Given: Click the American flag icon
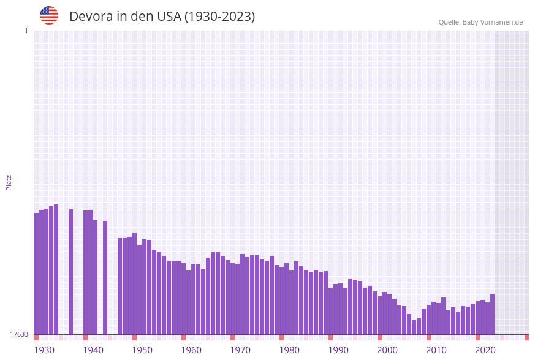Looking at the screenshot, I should click(x=49, y=15).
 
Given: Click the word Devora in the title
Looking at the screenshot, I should click(x=91, y=17).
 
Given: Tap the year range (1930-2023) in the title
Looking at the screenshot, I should click(x=219, y=17).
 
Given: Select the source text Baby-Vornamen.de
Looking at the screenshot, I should click(x=492, y=22).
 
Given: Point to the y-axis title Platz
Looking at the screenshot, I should click(x=9, y=182).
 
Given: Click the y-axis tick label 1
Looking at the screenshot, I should click(x=26, y=31).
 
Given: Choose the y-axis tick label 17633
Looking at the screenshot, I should click(x=18, y=334).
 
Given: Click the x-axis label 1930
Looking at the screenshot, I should click(x=44, y=350).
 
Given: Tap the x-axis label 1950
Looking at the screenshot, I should click(x=142, y=350).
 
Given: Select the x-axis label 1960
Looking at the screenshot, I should click(x=191, y=350).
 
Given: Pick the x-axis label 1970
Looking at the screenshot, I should click(x=240, y=350).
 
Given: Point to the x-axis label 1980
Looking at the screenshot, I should click(x=289, y=350).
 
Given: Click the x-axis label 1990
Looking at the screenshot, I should click(x=338, y=350).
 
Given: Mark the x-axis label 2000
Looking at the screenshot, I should click(x=387, y=350).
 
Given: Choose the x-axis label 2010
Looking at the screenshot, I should click(x=436, y=350).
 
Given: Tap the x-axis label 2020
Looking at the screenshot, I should click(x=485, y=350).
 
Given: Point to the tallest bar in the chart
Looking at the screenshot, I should click(x=56, y=269).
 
